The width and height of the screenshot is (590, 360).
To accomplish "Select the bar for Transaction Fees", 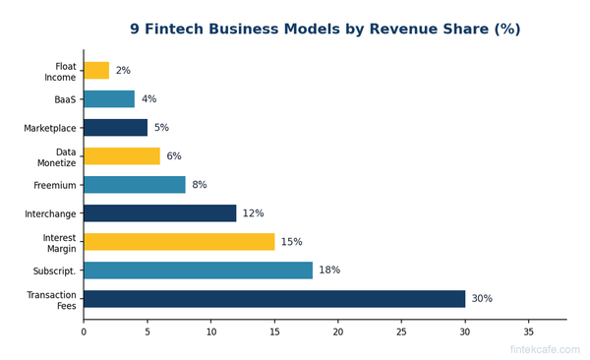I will tap(274, 299).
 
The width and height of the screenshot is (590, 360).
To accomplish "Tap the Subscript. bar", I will tap(198, 270).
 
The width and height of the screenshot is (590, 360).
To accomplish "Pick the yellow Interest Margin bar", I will tap(179, 242).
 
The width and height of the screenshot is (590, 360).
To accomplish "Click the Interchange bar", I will tap(159, 213).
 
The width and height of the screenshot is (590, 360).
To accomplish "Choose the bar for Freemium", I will tap(134, 185).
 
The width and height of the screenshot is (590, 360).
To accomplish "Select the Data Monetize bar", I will tap(121, 156).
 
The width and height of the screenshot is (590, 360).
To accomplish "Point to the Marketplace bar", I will tap(115, 128).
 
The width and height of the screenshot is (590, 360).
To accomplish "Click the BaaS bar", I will tap(108, 99).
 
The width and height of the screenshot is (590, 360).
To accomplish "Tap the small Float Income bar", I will tap(96, 71).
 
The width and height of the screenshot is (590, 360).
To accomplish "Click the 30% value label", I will tap(482, 299).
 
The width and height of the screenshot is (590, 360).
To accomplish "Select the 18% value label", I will tap(329, 270).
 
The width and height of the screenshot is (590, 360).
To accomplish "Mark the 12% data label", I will tap(253, 213).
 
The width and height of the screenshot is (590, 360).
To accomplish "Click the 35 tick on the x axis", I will tap(529, 332).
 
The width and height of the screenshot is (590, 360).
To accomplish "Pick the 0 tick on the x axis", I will tap(84, 332).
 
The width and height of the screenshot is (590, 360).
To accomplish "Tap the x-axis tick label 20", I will tap(338, 332).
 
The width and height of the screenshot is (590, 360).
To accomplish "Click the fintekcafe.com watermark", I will tap(544, 349).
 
